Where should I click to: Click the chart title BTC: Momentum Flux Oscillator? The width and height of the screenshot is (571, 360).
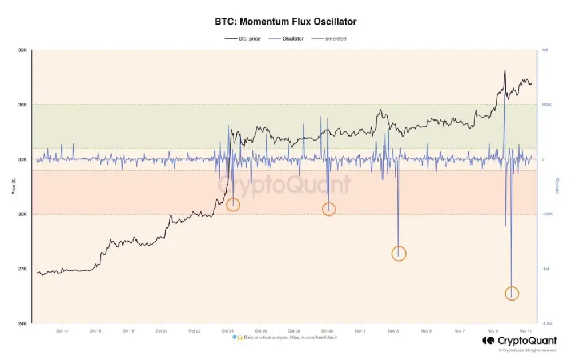click(x=285, y=22)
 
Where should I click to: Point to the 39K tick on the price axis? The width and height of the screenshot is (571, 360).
click(x=23, y=50)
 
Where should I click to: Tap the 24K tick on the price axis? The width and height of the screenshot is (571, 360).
click(x=23, y=323)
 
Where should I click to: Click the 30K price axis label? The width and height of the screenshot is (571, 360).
click(x=23, y=214)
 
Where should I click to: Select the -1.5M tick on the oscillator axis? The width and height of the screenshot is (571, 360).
click(x=546, y=323)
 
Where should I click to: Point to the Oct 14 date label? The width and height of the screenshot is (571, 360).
click(x=62, y=331)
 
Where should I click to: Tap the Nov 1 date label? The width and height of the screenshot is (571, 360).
click(x=360, y=331)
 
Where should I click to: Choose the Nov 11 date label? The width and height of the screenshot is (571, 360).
click(x=525, y=331)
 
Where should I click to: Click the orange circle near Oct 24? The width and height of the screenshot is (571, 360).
click(x=233, y=205)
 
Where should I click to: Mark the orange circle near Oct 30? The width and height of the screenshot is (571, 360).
click(x=329, y=209)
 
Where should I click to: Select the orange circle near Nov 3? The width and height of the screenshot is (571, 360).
click(x=399, y=253)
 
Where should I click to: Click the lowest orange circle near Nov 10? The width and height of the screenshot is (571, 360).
click(x=512, y=293)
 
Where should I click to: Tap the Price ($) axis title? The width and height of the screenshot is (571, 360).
click(x=13, y=186)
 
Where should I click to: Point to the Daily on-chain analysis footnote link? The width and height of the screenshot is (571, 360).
click(x=285, y=338)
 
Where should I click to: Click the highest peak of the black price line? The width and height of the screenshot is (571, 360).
click(x=505, y=70)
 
